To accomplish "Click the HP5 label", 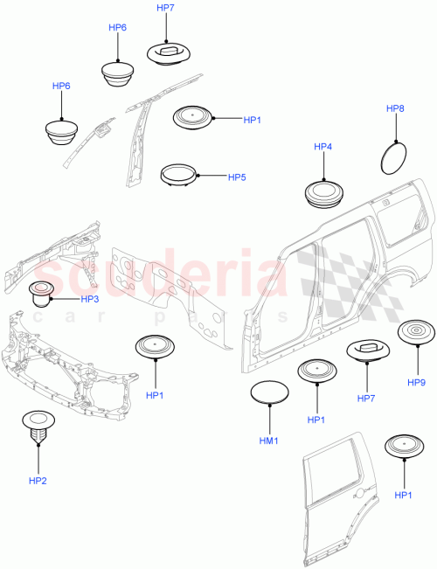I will (x=237, y=177).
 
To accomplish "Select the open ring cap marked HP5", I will (x=178, y=174).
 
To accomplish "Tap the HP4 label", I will (x=323, y=148).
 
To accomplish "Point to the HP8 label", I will (x=395, y=109).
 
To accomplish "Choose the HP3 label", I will (x=89, y=299).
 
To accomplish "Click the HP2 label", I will (x=38, y=480).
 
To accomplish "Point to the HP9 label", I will (x=416, y=382).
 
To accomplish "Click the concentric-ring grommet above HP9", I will (x=416, y=333).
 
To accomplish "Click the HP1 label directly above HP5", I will (x=252, y=119).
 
